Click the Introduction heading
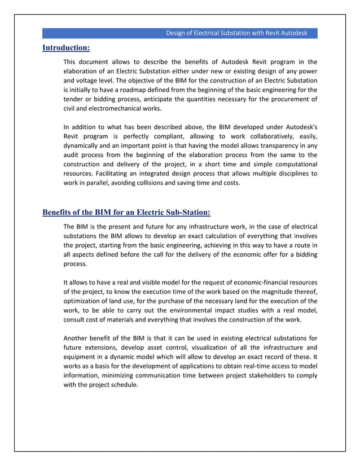point(66,48)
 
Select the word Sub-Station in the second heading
point(186,213)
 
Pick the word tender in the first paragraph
point(73,99)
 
